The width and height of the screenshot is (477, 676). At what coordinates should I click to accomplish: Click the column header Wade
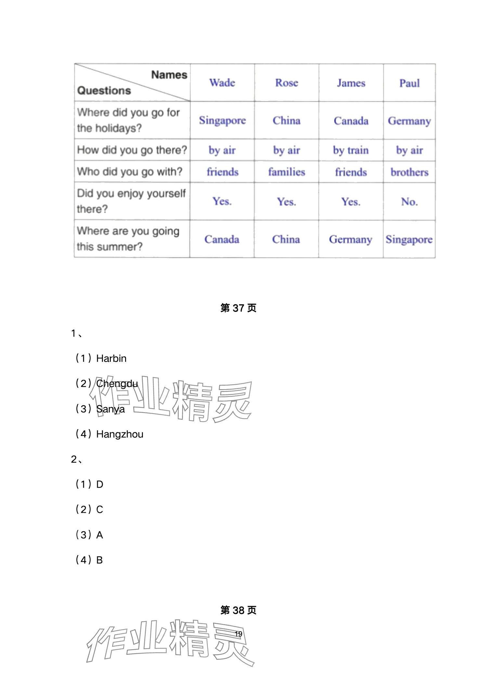[x=222, y=83]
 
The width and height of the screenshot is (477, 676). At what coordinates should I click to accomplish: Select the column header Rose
[x=287, y=83]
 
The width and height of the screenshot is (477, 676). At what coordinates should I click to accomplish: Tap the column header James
[x=351, y=83]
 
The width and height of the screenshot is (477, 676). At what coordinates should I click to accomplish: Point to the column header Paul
[x=409, y=83]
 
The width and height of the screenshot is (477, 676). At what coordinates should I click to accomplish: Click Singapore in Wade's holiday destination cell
[x=222, y=121]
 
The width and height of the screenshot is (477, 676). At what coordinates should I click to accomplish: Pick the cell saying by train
[x=351, y=150]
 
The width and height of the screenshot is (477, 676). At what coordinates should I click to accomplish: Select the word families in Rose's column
[x=287, y=172]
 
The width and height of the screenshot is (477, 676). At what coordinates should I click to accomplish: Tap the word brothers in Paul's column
[x=409, y=172]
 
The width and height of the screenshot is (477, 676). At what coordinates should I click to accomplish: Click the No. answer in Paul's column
[x=409, y=202]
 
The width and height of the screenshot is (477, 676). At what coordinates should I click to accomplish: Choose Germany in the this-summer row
[x=351, y=240]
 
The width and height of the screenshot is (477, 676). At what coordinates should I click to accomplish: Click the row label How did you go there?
[x=132, y=150]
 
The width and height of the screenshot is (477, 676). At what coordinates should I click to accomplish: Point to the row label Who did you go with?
[x=130, y=172]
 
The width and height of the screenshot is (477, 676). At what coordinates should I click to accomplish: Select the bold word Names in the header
[x=169, y=75]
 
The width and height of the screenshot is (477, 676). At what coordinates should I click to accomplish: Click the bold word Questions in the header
[x=104, y=90]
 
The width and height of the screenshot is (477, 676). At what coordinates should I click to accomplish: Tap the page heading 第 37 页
[x=238, y=308]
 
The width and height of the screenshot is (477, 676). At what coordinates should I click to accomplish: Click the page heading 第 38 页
[x=238, y=610]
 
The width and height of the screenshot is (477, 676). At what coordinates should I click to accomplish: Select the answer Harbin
[x=111, y=358]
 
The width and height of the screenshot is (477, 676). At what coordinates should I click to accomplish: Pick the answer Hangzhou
[x=120, y=434]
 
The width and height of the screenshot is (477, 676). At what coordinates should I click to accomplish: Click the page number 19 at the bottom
[x=238, y=634]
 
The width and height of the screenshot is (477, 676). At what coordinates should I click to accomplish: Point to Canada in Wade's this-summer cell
[x=222, y=239]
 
